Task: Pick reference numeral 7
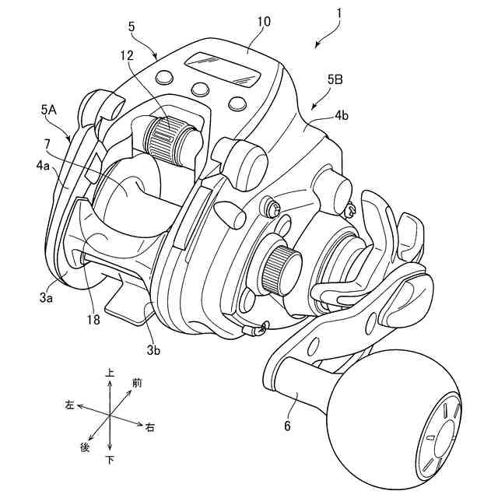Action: [47, 144]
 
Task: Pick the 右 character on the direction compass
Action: [149, 426]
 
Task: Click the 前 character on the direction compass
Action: [137, 382]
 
